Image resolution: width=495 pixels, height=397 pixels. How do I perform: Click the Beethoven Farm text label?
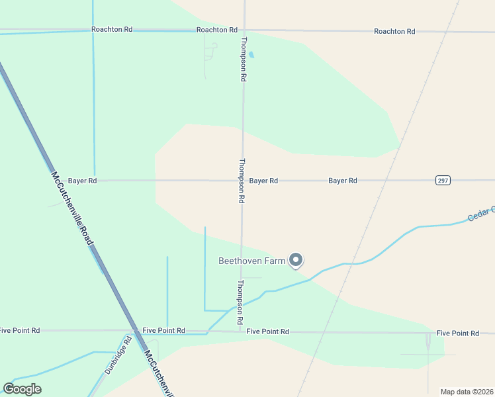pos(252,261)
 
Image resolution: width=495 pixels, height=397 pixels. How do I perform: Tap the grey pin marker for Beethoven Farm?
pos(296,261)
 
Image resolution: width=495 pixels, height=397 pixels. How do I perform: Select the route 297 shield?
pos(443,181)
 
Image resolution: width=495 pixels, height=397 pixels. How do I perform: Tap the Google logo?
pos(22,389)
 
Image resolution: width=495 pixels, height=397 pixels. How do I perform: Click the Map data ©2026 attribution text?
pos(467,392)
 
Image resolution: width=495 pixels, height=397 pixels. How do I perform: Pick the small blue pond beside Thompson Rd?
pos(251,55)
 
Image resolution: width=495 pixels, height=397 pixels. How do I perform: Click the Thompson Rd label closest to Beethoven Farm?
pos(240,302)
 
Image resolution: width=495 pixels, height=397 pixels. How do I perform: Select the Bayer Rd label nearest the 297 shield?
pos(343,181)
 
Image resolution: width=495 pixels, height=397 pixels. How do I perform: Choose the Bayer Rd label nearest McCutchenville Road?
pos(83,181)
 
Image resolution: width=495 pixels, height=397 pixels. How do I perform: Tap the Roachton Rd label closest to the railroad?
pos(394,31)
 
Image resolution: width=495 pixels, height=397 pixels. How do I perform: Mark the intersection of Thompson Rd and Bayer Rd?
pos(242,180)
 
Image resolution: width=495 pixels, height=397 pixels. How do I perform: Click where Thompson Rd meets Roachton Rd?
pos(244,30)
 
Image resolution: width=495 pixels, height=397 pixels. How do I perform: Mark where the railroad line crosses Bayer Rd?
pos(382,180)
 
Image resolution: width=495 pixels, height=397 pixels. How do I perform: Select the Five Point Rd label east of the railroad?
pos(457,333)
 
